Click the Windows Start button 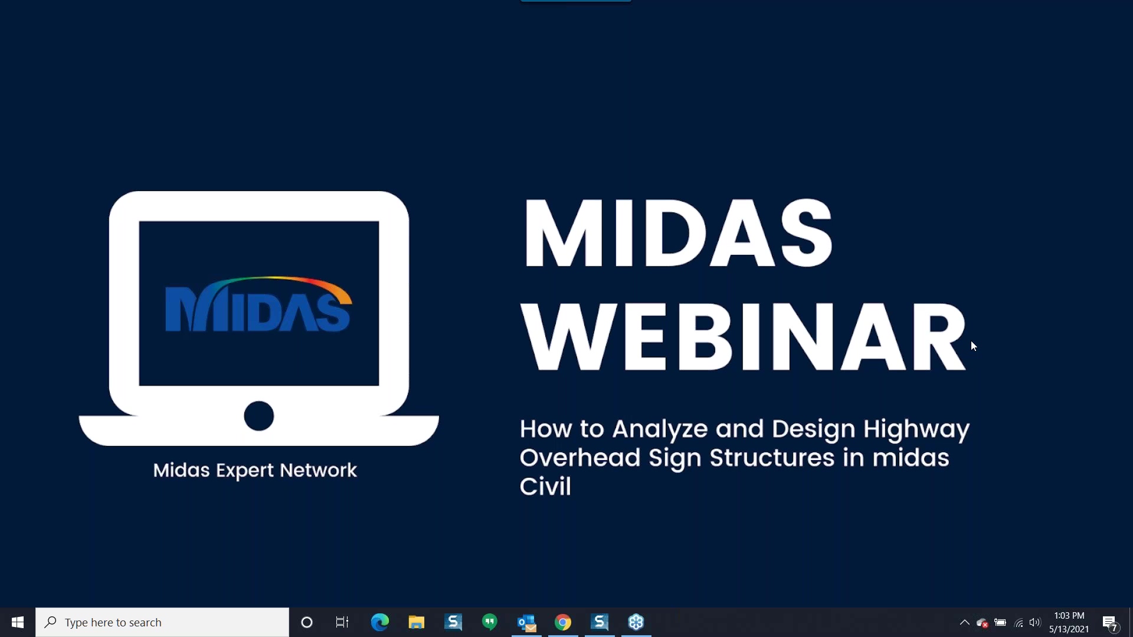click(18, 622)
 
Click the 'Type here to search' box click(162, 622)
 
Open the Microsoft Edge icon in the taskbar click(380, 622)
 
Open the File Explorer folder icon click(417, 622)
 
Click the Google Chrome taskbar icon click(563, 622)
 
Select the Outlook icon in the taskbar click(526, 623)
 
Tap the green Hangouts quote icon click(490, 622)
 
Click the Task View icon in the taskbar click(342, 622)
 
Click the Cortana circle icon click(307, 622)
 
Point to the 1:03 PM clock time click(1069, 615)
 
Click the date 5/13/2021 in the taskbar click(1069, 629)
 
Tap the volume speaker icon click(1035, 622)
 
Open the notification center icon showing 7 click(1110, 623)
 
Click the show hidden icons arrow click(965, 622)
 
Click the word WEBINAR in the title click(744, 337)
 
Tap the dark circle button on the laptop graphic click(259, 416)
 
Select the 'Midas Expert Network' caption click(255, 470)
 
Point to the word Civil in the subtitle click(545, 486)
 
